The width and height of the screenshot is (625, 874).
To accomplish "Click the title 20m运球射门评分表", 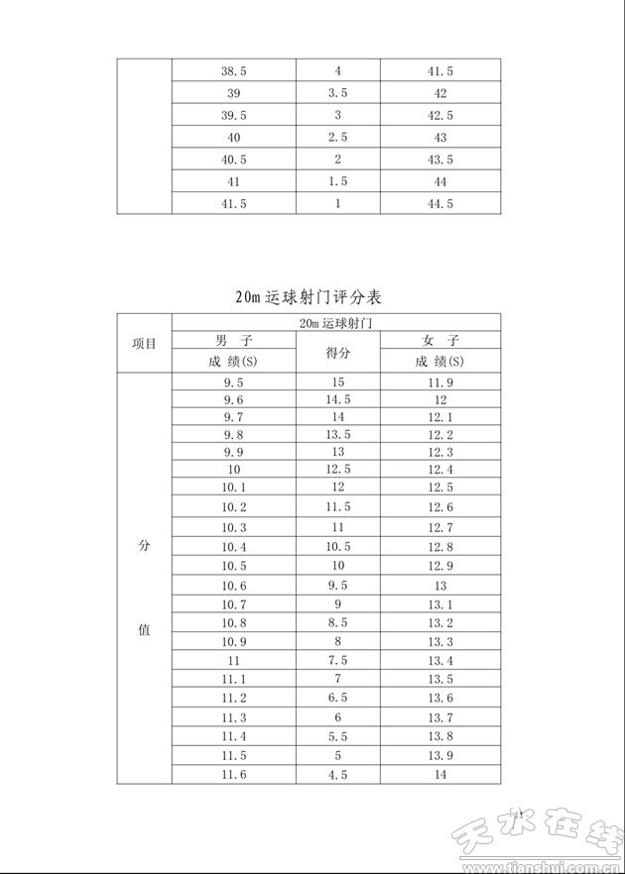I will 309,296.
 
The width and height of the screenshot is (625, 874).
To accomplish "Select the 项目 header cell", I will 144,344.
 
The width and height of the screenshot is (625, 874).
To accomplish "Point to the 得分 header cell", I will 337,352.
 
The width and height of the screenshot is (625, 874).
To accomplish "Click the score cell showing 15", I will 337,382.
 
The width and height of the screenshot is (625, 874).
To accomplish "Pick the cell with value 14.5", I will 337,399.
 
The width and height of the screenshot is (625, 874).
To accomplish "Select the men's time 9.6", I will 233,399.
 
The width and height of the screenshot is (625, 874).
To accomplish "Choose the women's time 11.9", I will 440,382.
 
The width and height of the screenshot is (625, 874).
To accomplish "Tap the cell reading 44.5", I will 440,203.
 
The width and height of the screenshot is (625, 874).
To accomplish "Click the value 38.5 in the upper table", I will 233,71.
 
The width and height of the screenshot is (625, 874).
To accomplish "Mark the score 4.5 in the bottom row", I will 337,774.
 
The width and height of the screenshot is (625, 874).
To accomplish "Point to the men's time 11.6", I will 233,774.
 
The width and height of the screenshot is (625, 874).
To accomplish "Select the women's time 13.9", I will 440,755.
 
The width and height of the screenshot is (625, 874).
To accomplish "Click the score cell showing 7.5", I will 337,661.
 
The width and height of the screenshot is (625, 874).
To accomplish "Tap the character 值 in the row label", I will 144,629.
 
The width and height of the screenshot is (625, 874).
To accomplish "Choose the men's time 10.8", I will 233,623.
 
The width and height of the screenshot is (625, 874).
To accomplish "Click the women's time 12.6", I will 440,507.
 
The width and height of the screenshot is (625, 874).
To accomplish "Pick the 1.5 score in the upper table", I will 337,181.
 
